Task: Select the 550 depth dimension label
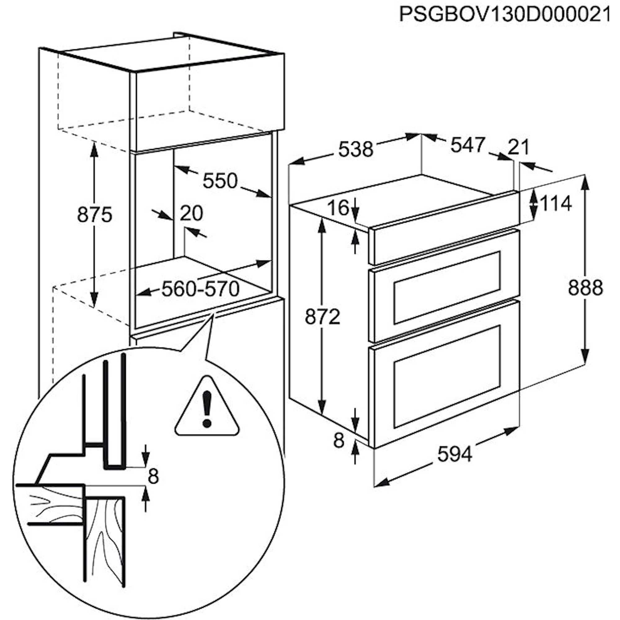click(x=220, y=181)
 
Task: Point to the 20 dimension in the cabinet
click(x=191, y=213)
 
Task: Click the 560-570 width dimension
click(x=201, y=289)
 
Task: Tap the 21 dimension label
click(x=518, y=147)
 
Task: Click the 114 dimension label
click(x=556, y=203)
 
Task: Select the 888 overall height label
click(x=586, y=288)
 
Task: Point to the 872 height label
click(x=322, y=317)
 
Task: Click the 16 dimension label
click(x=339, y=208)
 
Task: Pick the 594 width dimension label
click(x=455, y=454)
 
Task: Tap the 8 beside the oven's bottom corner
click(x=339, y=441)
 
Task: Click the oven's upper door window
click(x=447, y=287)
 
